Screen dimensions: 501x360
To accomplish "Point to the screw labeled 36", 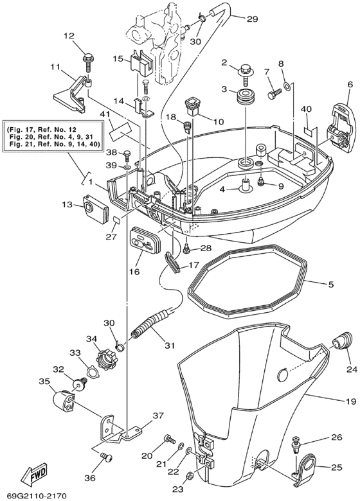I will pyautogui.click(x=107, y=457).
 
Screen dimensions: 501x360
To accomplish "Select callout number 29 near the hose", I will pyautogui.click(x=252, y=19).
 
